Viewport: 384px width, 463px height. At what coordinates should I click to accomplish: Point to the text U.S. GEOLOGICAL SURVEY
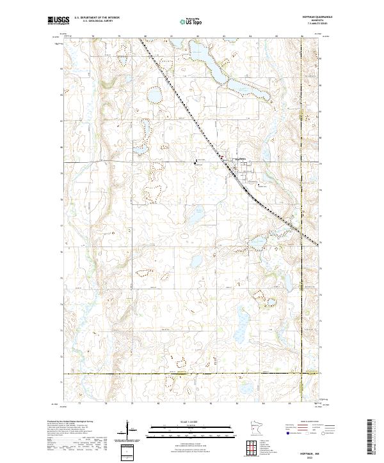tap(97, 21)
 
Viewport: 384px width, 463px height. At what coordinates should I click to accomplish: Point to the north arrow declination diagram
tap(127, 431)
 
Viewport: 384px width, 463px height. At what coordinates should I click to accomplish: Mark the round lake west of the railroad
tap(154, 96)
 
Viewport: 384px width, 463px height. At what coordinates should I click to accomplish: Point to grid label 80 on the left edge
tap(61, 147)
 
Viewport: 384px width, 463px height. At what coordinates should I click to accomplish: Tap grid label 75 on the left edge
tap(61, 278)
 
